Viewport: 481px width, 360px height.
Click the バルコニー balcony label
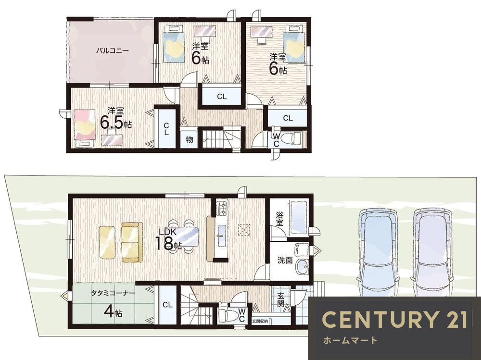click(112, 51)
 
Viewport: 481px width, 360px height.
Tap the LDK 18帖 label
click(168, 239)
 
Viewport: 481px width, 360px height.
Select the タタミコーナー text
click(113, 293)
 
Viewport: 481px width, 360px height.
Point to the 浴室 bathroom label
click(279, 218)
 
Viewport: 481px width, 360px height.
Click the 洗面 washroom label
click(285, 261)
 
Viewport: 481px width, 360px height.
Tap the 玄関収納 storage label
click(260, 321)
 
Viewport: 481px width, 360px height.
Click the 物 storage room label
click(190, 139)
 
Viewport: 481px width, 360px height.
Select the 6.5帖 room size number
click(116, 122)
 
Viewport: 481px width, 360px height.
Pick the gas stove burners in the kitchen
click(222, 208)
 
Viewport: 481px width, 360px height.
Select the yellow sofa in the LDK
click(132, 242)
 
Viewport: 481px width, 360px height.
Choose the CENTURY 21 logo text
click(395, 319)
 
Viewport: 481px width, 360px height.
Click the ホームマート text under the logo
click(350, 340)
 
